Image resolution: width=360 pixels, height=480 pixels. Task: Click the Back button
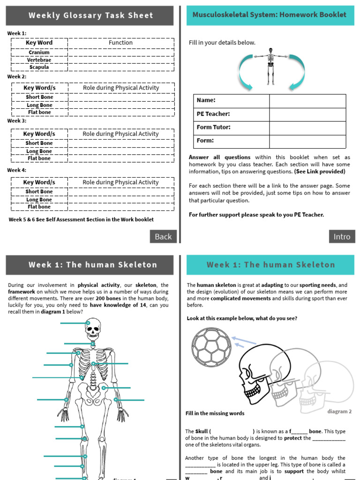(163, 237)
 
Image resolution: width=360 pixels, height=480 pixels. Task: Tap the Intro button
(342, 237)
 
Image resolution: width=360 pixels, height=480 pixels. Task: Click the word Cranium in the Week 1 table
(39, 52)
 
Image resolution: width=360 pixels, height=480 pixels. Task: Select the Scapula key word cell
(39, 67)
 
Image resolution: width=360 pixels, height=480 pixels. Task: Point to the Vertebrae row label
(39, 60)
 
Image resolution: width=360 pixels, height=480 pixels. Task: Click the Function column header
(120, 43)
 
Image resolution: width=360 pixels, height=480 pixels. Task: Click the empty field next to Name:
(307, 101)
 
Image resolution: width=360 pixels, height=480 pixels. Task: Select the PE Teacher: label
(213, 114)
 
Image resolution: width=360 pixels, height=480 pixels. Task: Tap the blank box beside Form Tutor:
(307, 127)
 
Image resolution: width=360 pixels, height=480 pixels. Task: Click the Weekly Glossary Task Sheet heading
(91, 15)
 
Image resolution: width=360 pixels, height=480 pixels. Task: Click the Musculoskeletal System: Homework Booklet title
(270, 15)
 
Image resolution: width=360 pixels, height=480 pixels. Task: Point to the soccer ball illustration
(211, 347)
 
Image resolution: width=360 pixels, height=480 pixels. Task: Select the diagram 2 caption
(339, 412)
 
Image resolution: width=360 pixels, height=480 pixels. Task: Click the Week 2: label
(17, 77)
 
